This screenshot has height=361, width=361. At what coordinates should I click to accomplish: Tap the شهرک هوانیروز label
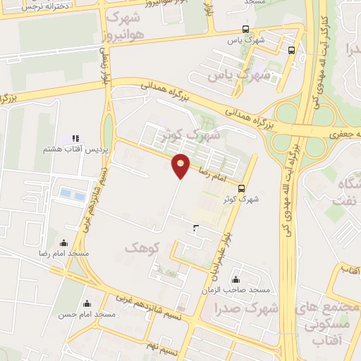click(x=128, y=26)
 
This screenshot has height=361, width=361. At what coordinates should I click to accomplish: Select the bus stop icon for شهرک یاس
click(x=245, y=29)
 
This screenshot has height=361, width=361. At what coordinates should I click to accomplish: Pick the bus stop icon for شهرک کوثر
click(x=242, y=188)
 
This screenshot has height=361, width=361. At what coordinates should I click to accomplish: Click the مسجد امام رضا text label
click(x=65, y=252)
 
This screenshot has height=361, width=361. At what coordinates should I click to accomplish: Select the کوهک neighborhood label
click(x=142, y=248)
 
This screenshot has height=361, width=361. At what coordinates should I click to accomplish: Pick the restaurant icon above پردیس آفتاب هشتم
click(x=75, y=138)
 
